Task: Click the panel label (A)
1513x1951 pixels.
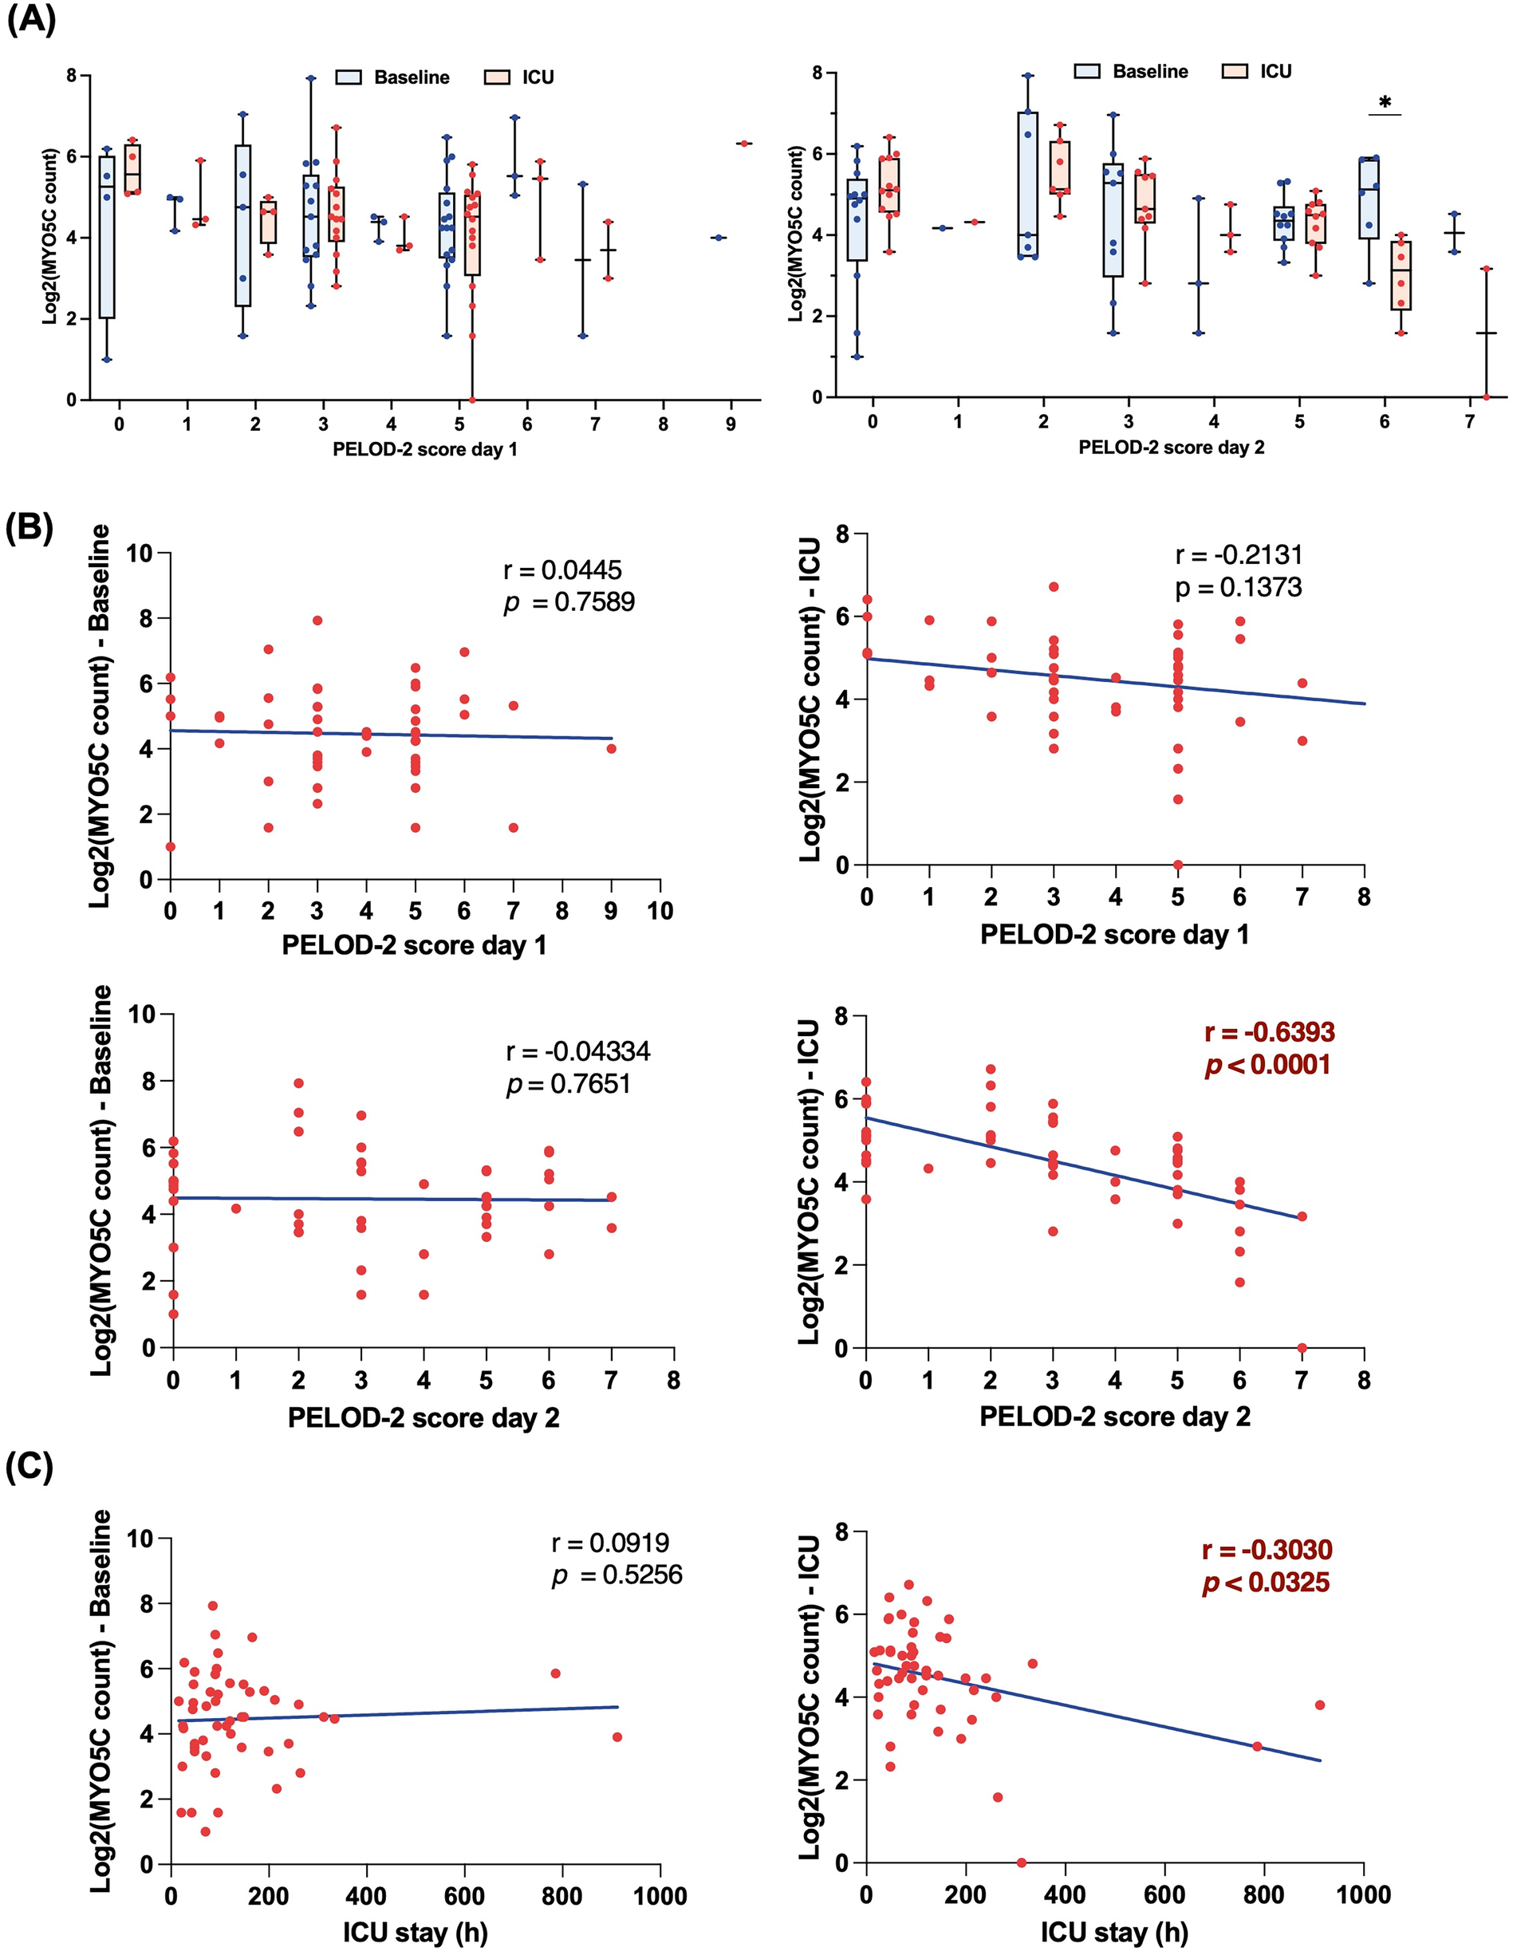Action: tap(31, 20)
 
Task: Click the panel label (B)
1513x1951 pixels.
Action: tap(31, 528)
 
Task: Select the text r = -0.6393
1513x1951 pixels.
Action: tap(1269, 1033)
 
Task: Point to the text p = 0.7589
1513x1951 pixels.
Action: tap(569, 602)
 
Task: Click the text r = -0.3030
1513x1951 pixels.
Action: tap(1267, 1550)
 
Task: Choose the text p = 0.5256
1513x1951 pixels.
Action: tap(617, 1575)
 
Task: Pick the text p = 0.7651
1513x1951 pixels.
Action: tap(568, 1085)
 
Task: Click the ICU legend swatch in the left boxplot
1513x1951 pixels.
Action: tap(497, 77)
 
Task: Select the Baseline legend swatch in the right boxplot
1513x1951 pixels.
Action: tap(1087, 72)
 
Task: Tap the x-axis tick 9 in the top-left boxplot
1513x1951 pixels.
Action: tap(731, 424)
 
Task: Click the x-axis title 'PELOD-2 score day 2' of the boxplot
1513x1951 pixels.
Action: tap(1171, 447)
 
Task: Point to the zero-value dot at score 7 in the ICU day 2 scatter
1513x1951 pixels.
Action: tap(1302, 1348)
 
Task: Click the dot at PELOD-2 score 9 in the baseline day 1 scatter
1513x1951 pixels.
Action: tap(611, 749)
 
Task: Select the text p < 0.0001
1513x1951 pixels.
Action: tap(1267, 1065)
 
